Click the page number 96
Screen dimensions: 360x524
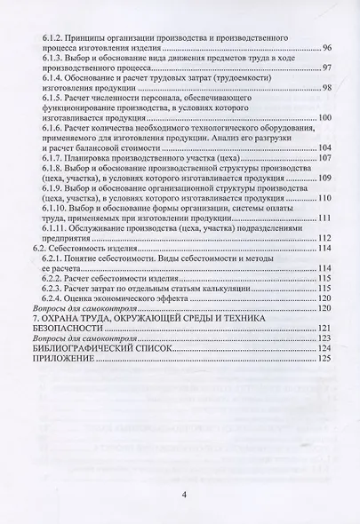[324, 48]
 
